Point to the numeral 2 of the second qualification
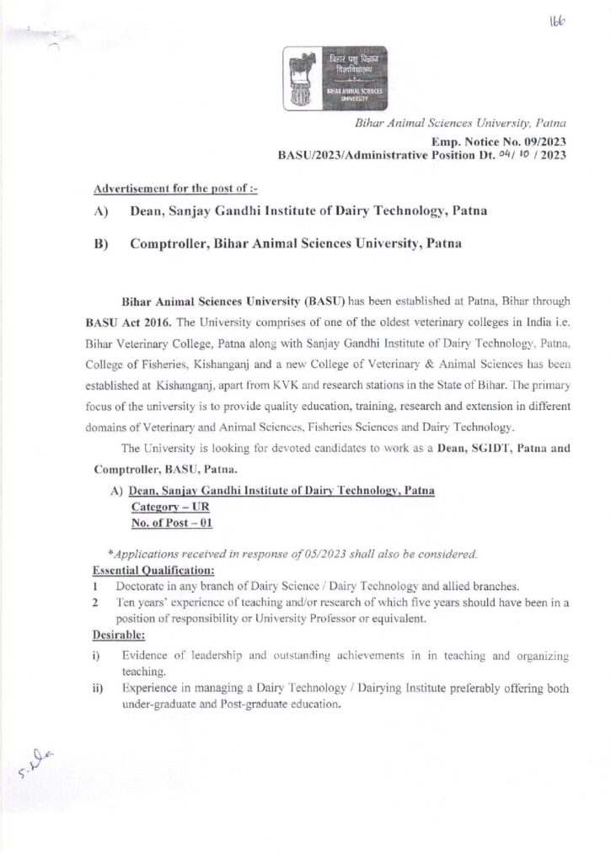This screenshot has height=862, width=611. point(98,602)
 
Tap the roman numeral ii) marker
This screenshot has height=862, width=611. point(98,689)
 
